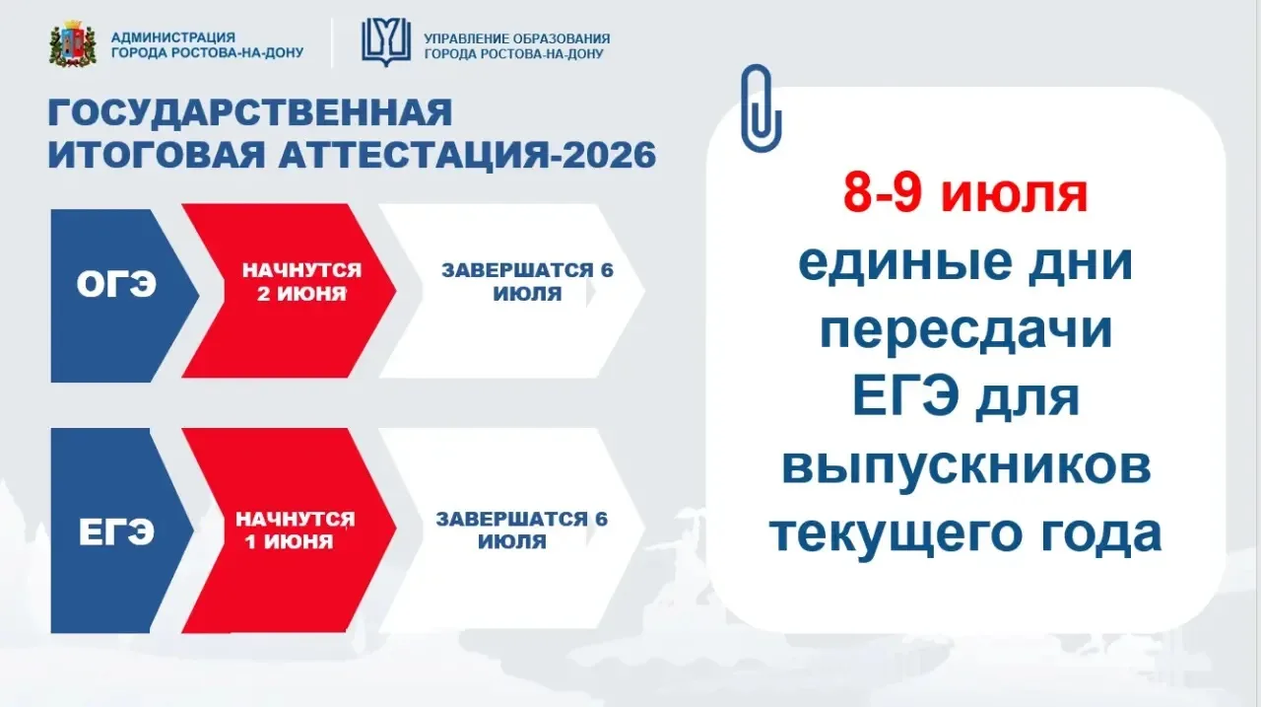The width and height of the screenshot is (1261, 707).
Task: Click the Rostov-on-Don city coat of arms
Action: pyautogui.click(x=73, y=44)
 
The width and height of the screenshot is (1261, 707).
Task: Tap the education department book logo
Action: pyautogui.click(x=385, y=42)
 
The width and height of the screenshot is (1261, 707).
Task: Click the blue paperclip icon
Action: pyautogui.click(x=761, y=108)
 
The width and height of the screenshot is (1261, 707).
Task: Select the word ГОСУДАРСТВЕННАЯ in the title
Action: pyautogui.click(x=250, y=112)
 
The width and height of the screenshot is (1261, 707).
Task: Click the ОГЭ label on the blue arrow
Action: pyautogui.click(x=116, y=284)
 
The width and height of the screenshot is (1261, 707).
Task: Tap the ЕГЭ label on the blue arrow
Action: pyautogui.click(x=116, y=532)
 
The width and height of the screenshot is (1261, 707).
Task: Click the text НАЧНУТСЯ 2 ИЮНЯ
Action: pyautogui.click(x=301, y=282)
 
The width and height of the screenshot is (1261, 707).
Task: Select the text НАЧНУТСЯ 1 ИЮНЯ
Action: pyautogui.click(x=295, y=530)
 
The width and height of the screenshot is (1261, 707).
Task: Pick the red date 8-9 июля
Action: pyautogui.click(x=964, y=194)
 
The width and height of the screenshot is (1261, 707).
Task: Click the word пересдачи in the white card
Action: pyautogui.click(x=965, y=331)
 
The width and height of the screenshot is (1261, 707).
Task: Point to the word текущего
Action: pyautogui.click(x=896, y=534)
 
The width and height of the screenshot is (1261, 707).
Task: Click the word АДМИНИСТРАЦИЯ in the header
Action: pyautogui.click(x=172, y=37)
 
